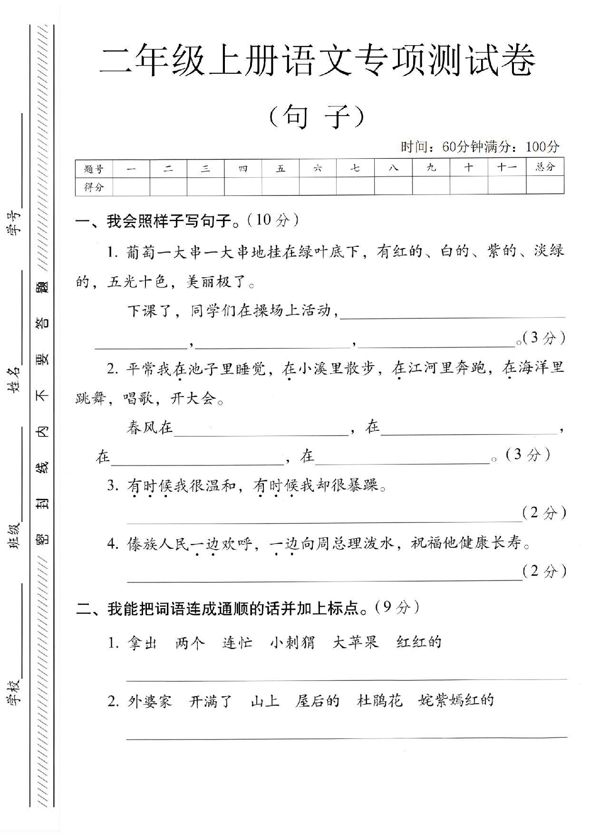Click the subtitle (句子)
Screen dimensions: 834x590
pyautogui.click(x=317, y=116)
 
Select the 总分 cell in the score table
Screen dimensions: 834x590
pyautogui.click(x=545, y=167)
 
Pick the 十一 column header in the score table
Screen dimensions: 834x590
pyautogui.click(x=507, y=168)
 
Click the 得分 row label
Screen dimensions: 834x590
pyautogui.click(x=94, y=187)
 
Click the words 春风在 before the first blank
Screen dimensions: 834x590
pyautogui.click(x=150, y=427)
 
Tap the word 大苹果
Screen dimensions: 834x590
pyautogui.click(x=356, y=642)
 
